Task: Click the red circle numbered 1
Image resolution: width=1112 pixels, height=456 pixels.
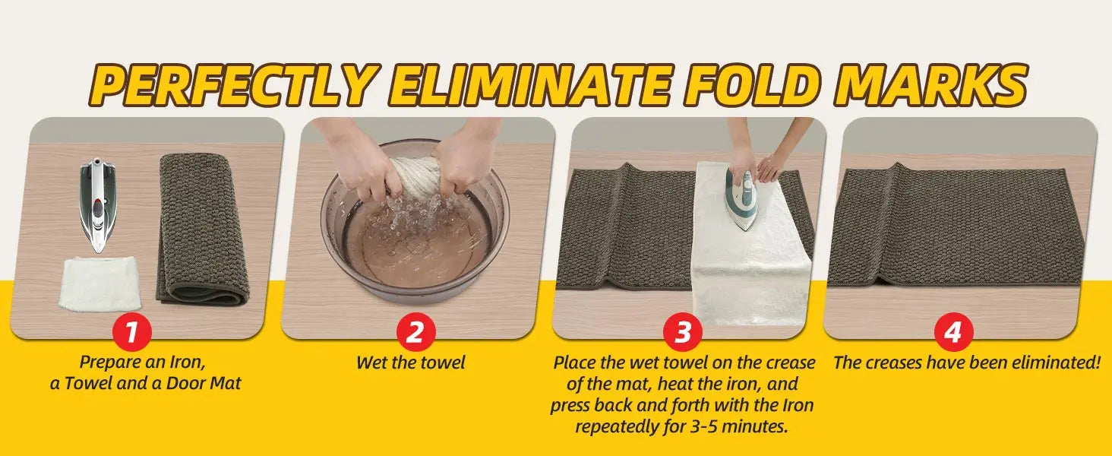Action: click(x=131, y=331)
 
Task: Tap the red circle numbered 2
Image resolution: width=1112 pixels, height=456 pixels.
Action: click(x=415, y=331)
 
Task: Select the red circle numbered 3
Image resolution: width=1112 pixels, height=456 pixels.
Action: click(x=683, y=331)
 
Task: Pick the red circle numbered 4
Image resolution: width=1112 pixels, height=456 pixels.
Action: click(x=953, y=331)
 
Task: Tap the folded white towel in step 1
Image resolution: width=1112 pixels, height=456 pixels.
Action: click(x=100, y=283)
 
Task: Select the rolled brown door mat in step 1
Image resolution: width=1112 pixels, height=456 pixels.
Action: click(x=202, y=229)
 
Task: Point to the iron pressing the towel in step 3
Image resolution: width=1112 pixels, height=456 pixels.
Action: click(x=741, y=198)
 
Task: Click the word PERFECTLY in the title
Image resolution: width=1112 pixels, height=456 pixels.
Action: click(x=232, y=84)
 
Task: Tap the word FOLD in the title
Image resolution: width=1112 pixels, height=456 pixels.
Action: click(x=750, y=84)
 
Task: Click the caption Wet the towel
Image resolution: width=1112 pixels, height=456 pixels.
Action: click(x=411, y=363)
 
